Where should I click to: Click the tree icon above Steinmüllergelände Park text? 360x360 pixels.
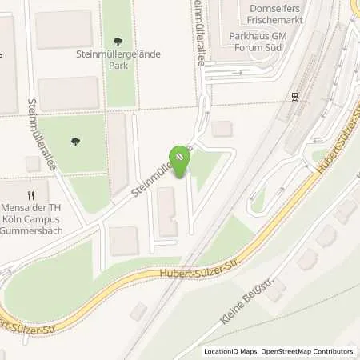tap(119, 41)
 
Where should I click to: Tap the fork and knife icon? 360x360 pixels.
tap(31, 194)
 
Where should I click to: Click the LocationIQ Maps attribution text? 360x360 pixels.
tap(230, 351)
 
